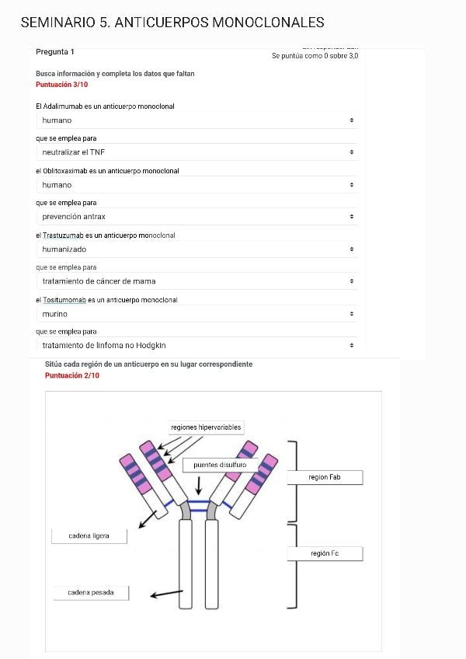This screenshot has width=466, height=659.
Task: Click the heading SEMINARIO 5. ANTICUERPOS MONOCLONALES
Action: [172, 23]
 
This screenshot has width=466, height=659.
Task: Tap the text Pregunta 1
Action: [55, 52]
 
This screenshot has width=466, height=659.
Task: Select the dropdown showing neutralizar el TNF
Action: [197, 152]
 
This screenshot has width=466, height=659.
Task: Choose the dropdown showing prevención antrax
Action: [197, 217]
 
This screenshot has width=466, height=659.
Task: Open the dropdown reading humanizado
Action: [197, 249]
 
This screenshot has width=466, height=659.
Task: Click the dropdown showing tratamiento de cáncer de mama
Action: [197, 281]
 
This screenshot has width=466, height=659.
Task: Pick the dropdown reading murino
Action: [197, 314]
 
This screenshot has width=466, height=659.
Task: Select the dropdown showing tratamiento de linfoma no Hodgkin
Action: [197, 345]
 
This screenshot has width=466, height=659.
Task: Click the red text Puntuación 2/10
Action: [72, 375]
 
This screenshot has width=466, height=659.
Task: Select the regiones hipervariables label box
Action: [206, 427]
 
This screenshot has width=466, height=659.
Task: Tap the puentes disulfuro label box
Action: [220, 465]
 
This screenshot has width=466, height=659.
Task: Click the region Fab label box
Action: [325, 477]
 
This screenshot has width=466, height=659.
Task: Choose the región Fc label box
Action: [325, 553]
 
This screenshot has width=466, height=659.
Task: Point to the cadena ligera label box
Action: [89, 536]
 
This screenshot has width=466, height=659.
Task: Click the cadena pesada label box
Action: [90, 593]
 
